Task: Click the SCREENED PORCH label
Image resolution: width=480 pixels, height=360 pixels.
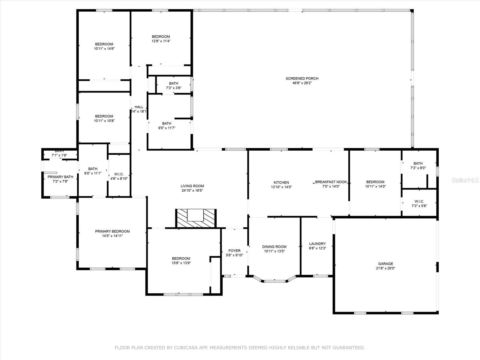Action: coord(302,79)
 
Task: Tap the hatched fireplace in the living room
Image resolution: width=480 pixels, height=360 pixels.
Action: coord(196,218)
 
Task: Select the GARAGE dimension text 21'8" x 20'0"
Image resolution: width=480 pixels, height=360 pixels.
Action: coord(385,268)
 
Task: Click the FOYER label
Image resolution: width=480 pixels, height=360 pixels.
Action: coord(234,251)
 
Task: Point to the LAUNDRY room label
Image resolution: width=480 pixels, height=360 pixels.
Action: coord(317,244)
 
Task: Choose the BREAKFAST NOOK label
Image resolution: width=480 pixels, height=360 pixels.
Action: coord(331,182)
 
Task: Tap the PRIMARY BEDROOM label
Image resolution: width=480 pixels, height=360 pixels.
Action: coord(112,231)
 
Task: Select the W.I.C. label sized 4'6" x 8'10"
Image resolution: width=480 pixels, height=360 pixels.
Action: coord(119,174)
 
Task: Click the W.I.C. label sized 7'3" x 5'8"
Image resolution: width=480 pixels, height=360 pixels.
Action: coord(419,202)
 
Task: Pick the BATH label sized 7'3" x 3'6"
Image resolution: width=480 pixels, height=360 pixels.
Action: coord(173,83)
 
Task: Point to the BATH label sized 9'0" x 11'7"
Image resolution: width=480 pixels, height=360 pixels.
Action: coord(167,123)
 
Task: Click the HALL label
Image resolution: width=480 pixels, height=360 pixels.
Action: coord(139,107)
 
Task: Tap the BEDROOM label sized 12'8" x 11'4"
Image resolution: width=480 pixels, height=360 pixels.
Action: coord(161,37)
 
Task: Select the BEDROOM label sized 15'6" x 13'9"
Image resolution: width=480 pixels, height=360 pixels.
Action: coord(181,259)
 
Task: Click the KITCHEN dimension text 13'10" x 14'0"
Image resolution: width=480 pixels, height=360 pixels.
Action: coord(281,187)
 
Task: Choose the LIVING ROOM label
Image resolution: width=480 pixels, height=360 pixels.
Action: coord(192,186)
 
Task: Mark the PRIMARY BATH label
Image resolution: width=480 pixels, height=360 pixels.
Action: coord(60,177)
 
